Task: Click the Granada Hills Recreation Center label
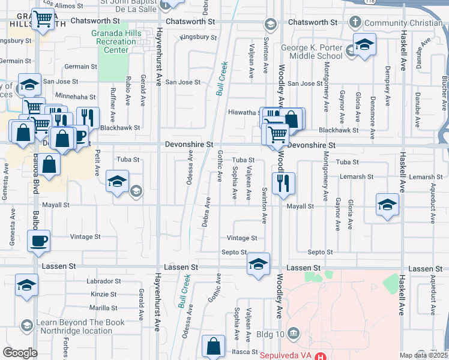tap(113, 41)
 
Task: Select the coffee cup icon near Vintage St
tap(39, 242)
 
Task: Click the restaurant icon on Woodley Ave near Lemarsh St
tap(283, 182)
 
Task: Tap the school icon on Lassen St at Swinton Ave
tap(258, 264)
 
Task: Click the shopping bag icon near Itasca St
tap(214, 346)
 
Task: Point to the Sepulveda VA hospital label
tap(286, 355)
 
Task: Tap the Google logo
tap(20, 353)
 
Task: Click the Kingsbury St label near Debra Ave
tap(199, 37)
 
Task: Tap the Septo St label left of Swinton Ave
tap(234, 253)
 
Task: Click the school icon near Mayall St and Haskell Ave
tap(387, 204)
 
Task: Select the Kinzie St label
tap(104, 294)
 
